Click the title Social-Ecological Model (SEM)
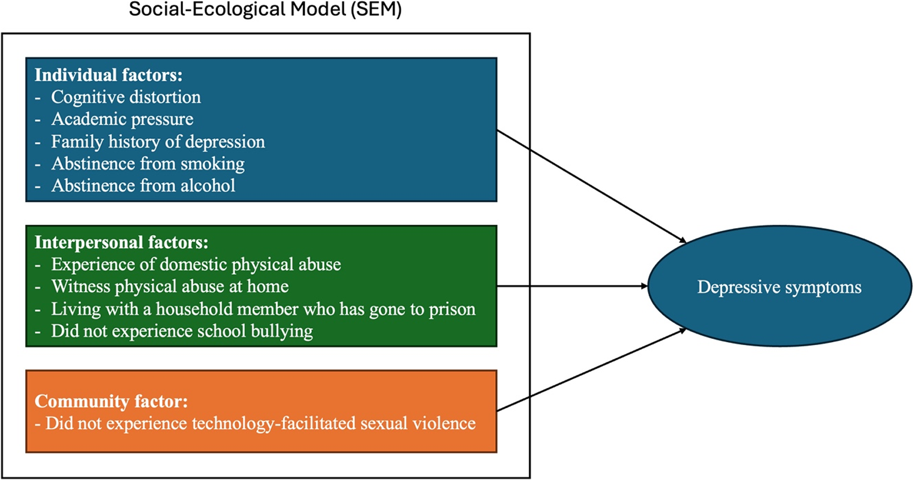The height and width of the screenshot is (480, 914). click(x=265, y=10)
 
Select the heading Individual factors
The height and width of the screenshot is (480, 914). click(x=108, y=75)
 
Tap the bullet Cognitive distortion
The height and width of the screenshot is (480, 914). click(x=126, y=97)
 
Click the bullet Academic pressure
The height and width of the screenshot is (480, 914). click(x=122, y=119)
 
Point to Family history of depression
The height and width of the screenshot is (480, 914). click(x=158, y=142)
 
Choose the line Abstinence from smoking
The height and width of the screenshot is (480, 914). click(x=148, y=164)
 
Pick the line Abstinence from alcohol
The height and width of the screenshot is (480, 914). click(x=143, y=186)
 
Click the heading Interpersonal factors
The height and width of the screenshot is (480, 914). click(x=121, y=243)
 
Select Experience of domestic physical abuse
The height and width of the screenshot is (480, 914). click(x=196, y=264)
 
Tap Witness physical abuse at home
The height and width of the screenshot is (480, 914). click(x=170, y=287)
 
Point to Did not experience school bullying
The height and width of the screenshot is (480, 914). click(x=182, y=332)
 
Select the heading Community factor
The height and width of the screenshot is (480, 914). click(x=111, y=402)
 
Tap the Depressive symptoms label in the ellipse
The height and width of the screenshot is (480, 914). click(x=779, y=287)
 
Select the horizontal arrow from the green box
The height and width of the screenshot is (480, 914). click(x=571, y=286)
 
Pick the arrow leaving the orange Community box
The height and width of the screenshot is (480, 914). click(x=591, y=370)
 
